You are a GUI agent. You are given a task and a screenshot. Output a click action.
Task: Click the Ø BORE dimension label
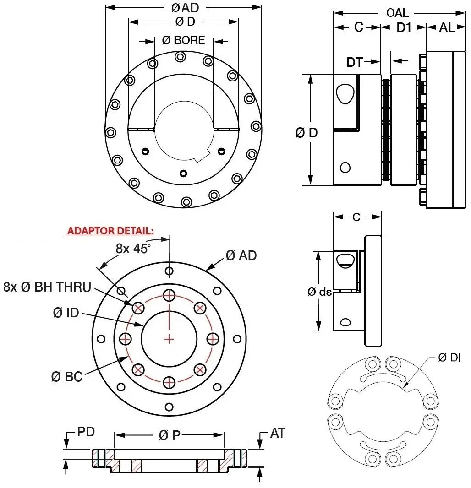184,40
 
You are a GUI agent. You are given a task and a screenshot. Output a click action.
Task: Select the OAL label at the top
397,12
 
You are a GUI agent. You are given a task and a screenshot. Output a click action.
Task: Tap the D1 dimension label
404,27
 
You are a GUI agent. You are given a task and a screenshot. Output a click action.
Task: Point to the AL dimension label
447,27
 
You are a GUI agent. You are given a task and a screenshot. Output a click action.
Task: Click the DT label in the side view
354,62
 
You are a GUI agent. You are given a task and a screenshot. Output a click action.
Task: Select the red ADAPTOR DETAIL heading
110,231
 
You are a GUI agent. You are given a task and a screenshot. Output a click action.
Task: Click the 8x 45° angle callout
133,249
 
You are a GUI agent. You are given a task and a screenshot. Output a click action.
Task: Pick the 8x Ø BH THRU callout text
47,287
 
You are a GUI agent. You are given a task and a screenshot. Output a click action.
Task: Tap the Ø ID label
66,313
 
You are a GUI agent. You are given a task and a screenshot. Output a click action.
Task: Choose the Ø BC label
67,377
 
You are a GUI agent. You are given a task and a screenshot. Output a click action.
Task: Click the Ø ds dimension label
319,291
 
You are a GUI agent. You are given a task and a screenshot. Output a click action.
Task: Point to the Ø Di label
449,358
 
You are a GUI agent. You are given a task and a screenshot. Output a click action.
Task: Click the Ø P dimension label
169,436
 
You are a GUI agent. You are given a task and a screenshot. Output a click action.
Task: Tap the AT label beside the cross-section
277,433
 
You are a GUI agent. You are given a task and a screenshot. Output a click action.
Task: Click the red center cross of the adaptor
170,339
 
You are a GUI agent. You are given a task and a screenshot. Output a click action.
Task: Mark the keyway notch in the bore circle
200,158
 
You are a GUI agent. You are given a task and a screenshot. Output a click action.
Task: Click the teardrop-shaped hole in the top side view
345,94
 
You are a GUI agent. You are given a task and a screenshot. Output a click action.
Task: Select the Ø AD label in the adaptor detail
241,255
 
